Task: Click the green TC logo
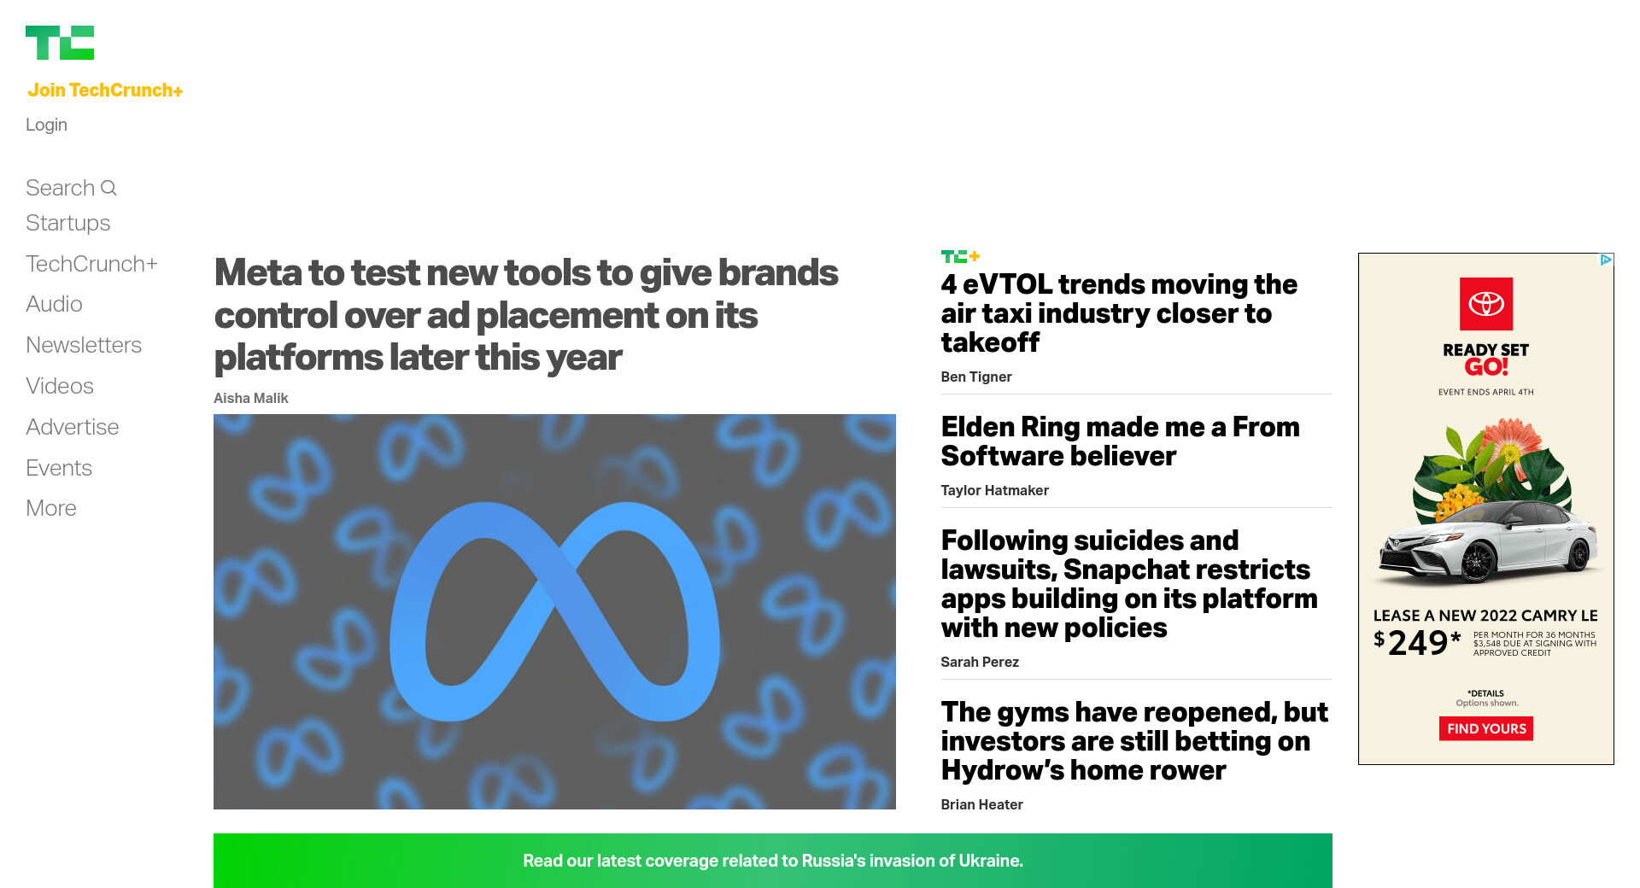[60, 43]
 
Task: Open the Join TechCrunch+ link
[105, 91]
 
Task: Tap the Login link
[46, 125]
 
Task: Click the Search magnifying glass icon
[108, 188]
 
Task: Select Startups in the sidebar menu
[68, 223]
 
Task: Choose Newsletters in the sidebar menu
[84, 345]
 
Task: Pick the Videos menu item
[60, 386]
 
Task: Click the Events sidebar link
[59, 468]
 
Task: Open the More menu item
[51, 508]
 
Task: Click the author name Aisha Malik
[251, 398]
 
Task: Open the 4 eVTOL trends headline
[1119, 313]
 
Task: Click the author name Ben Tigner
[976, 377]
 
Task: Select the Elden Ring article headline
[1121, 441]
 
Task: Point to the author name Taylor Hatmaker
[995, 490]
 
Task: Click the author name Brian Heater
[982, 804]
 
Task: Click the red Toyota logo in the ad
[1486, 304]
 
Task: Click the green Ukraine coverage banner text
[773, 861]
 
